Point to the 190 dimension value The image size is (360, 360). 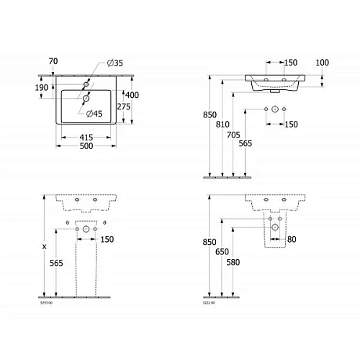41,88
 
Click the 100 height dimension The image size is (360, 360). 322,63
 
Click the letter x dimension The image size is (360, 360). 45,246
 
